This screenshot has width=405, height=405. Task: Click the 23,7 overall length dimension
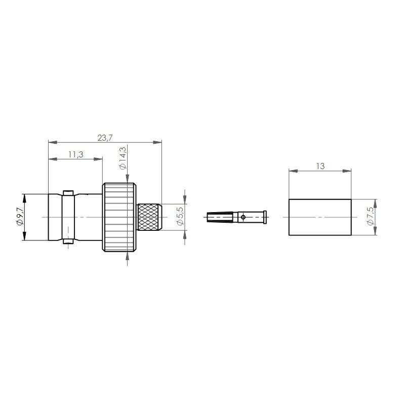coord(105,138)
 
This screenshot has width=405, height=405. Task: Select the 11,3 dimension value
coord(75,154)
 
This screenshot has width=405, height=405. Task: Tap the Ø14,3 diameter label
coord(123,158)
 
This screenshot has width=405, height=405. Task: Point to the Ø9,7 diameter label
coord(20,217)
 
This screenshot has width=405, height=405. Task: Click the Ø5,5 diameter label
coord(180,216)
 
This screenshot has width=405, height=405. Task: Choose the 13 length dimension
coord(320,166)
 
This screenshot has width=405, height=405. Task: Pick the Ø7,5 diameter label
coord(371,217)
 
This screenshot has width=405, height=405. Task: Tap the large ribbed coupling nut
coord(119,217)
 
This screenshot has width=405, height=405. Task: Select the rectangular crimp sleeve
coord(320,217)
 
